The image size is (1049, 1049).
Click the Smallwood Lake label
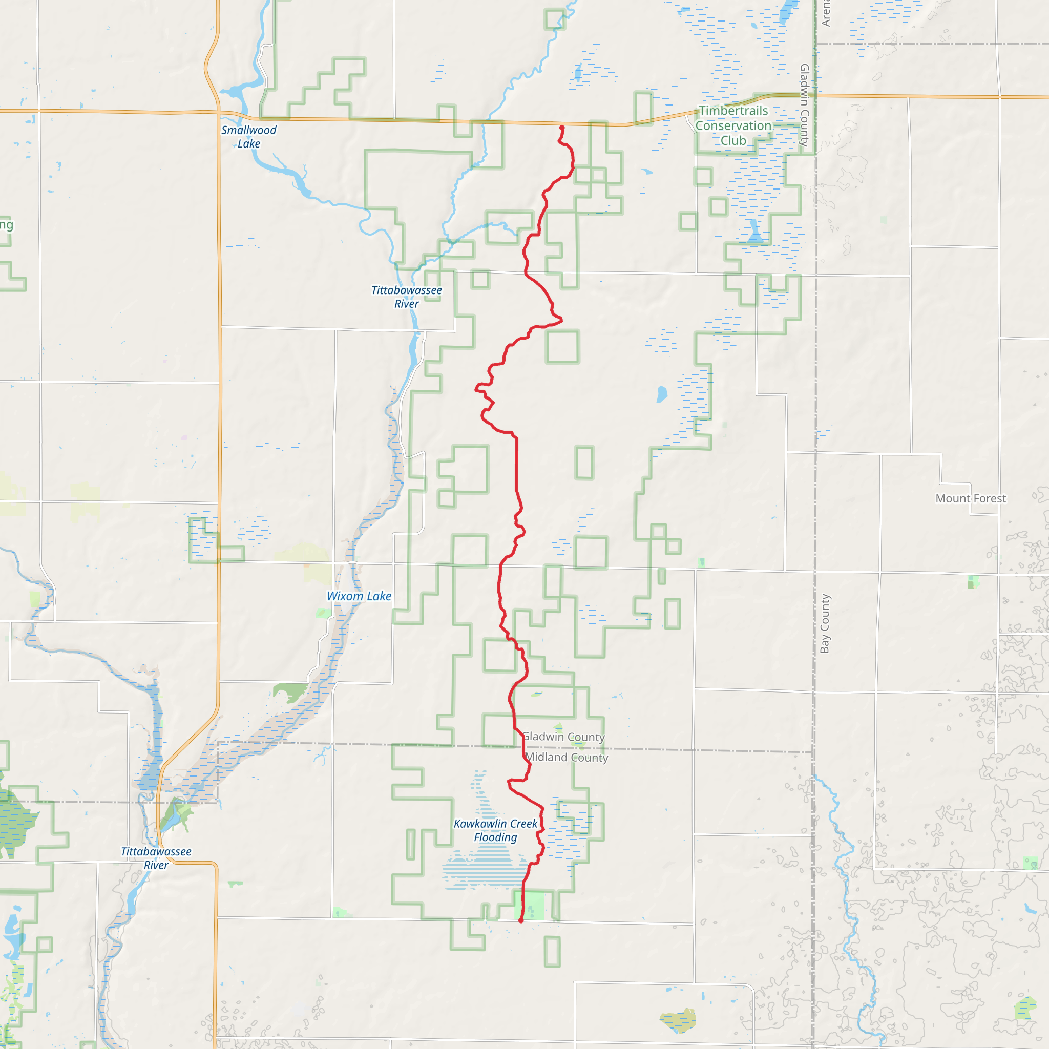pos(248,137)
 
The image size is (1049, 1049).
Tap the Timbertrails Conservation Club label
pos(733,125)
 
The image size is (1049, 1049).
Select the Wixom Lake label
pos(359,596)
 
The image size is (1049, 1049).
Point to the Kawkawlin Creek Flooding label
pos(495,831)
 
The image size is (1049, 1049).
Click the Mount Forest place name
pos(970,498)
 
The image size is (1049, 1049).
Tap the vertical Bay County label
pos(825,623)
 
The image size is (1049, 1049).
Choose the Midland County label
pos(567,758)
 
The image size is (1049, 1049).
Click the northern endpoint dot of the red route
pos(562,128)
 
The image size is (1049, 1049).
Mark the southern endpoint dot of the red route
pos(521,921)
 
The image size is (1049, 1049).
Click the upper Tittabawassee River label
pos(407,297)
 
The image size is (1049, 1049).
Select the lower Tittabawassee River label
pos(156,858)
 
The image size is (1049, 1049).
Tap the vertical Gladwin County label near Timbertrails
pos(804,106)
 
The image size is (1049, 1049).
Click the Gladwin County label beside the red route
pos(563,737)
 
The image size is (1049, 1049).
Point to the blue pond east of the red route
pos(661,394)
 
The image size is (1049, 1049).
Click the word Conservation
pos(733,125)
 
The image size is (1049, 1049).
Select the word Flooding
pos(495,838)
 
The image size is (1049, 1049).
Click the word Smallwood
pos(248,130)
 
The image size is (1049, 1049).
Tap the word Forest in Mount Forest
pos(988,498)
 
